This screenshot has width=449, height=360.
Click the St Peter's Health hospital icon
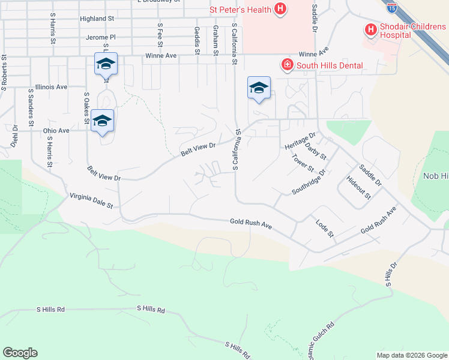click(280, 9)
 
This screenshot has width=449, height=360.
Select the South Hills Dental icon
click(288, 65)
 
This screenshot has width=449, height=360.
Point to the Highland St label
click(97, 19)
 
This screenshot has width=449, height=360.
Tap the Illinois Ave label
click(51, 87)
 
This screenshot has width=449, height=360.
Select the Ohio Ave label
click(56, 130)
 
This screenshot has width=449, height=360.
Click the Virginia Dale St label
click(91, 200)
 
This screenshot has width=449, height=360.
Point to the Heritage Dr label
click(300, 142)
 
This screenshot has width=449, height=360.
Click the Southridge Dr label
click(309, 181)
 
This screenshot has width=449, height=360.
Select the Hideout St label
click(360, 187)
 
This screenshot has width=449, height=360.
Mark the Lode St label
click(325, 227)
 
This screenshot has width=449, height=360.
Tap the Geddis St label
click(197, 40)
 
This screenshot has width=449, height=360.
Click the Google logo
click(20, 353)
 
